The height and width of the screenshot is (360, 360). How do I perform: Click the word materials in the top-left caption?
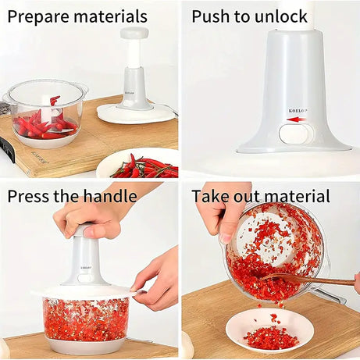111,16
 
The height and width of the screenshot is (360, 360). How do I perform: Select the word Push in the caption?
212,17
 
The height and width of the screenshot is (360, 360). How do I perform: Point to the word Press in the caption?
30,196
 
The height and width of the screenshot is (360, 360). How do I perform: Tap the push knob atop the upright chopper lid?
134,34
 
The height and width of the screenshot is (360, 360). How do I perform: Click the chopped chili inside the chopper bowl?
86,320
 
